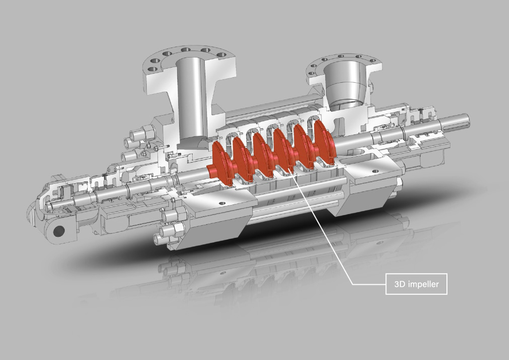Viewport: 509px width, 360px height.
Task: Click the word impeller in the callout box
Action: coord(423,284)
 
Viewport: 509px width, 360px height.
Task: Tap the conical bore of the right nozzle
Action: coord(344,84)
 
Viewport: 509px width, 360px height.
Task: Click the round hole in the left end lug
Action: coord(59,231)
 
